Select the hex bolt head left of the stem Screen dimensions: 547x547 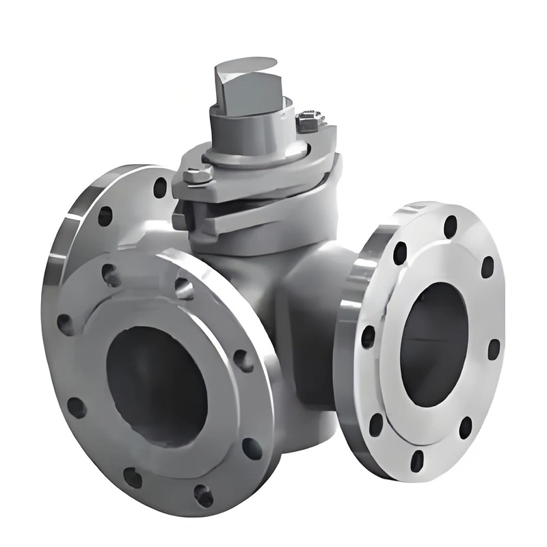pos(197,176)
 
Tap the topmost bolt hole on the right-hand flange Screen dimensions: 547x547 pos(451,226)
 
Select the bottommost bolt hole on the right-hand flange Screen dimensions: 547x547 pos(418,459)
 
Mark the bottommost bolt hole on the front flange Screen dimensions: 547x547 pos(203,494)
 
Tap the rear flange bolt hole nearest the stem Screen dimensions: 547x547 pos(160,187)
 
